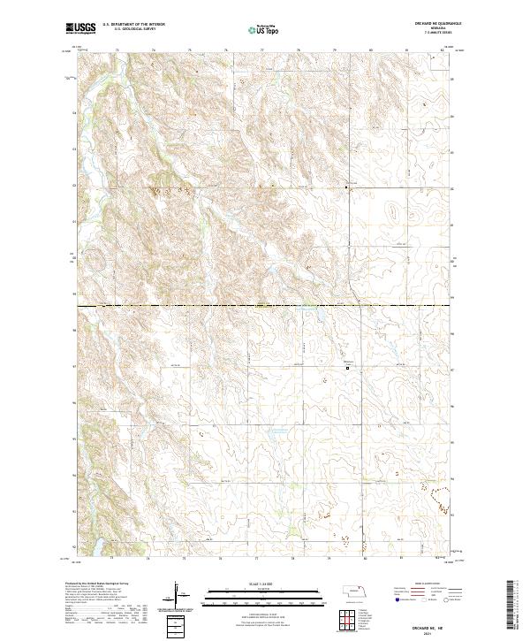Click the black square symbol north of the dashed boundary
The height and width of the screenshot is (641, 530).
pyautogui.click(x=346, y=187)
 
